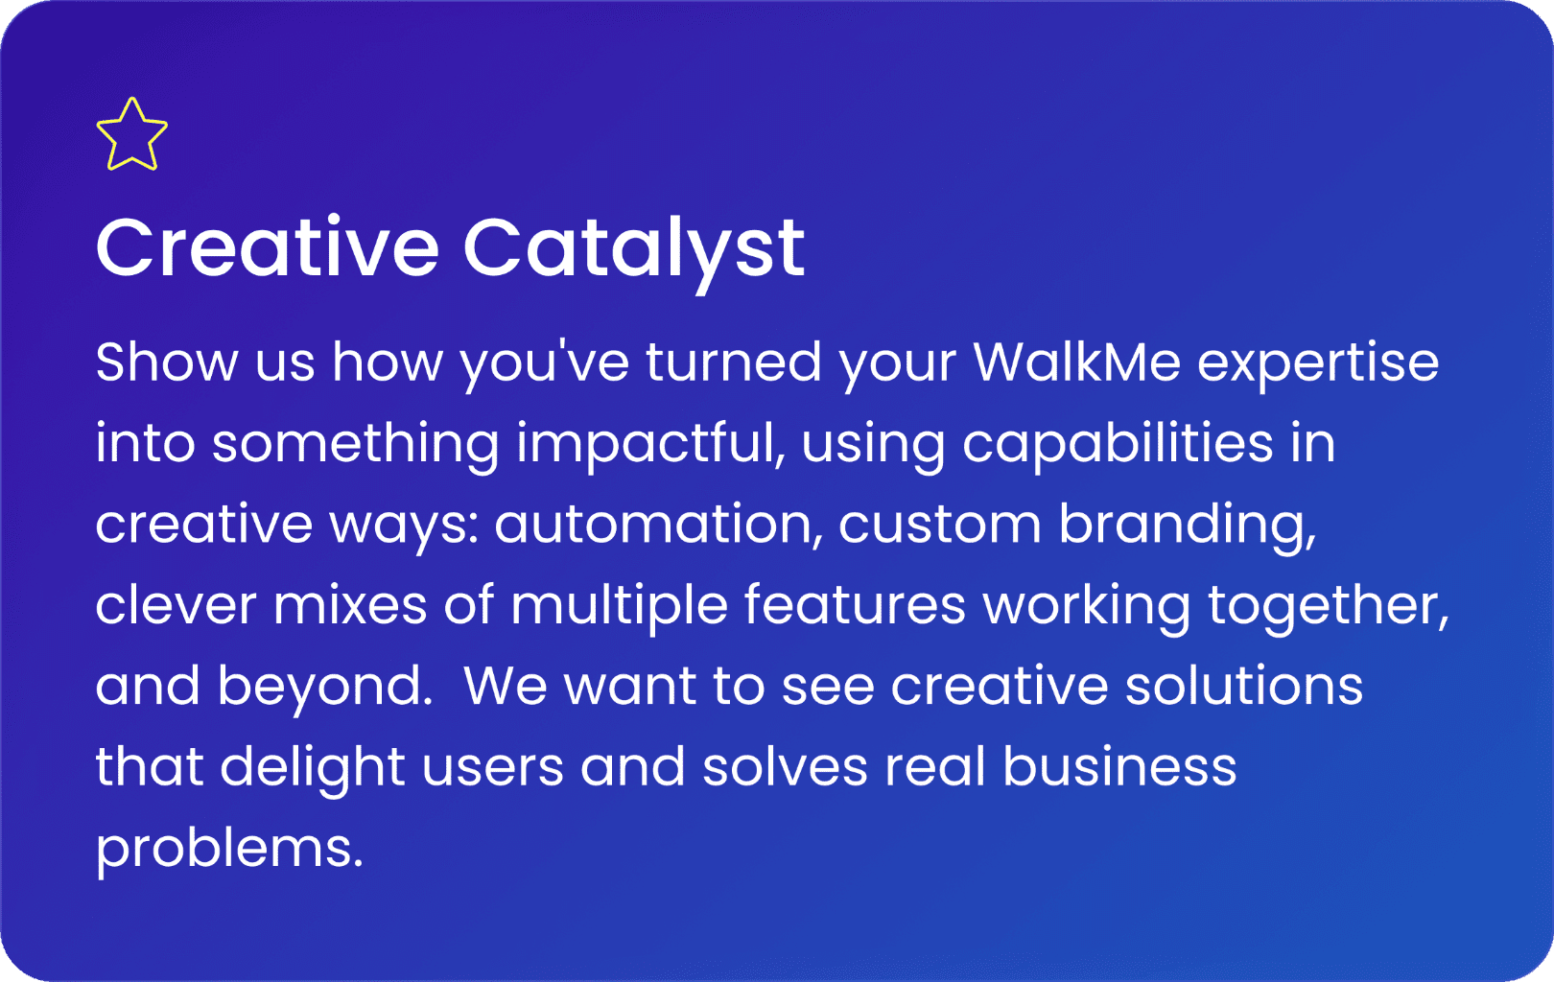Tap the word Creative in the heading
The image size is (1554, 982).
tap(267, 247)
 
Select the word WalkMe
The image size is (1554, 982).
tap(1076, 362)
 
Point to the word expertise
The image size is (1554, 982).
tap(1317, 364)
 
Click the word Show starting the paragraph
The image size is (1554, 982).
tap(167, 362)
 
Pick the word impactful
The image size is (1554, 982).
tap(650, 446)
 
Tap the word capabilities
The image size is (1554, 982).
tap(1118, 446)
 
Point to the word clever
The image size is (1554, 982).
tap(177, 605)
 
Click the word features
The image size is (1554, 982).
tap(855, 605)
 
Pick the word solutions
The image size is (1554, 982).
tap(1244, 686)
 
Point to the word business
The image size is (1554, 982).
tap(1119, 767)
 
